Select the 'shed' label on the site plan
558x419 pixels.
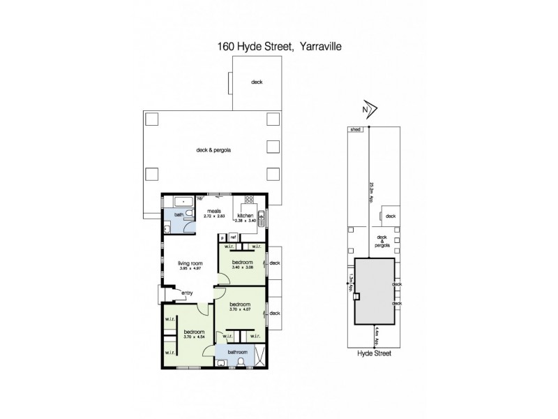click(355, 130)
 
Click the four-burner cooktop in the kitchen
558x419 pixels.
click(248, 205)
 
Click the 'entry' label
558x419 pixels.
click(186, 293)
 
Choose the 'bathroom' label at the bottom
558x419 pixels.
click(239, 353)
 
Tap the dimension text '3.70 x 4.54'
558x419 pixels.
click(194, 337)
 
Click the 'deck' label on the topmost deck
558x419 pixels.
click(257, 82)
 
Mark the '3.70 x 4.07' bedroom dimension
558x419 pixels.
click(239, 309)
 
